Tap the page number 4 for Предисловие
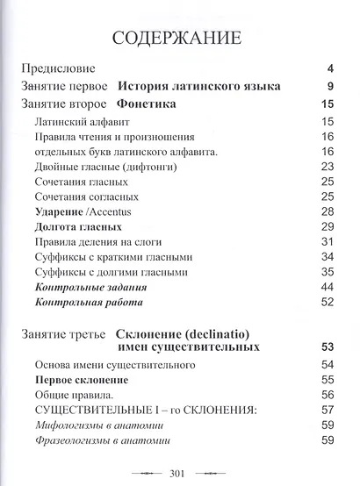click(x=330, y=68)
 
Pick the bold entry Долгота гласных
click(x=78, y=227)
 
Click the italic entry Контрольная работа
click(x=89, y=302)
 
